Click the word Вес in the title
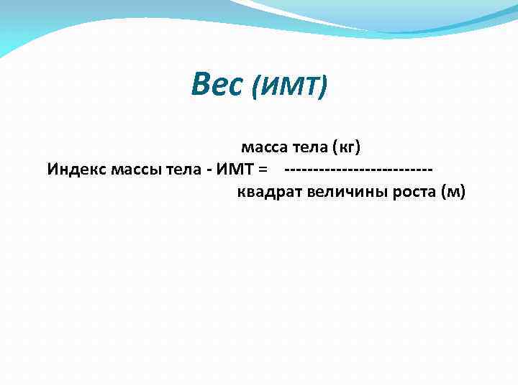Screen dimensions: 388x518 point(217,86)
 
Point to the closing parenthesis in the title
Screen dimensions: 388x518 point(324,88)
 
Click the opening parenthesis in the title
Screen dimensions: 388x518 point(258,88)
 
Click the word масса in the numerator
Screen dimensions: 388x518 point(263,148)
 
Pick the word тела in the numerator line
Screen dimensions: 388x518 point(309,148)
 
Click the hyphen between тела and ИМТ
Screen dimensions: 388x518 point(208,170)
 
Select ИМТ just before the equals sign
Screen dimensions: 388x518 point(235,170)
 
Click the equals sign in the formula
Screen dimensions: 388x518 point(263,170)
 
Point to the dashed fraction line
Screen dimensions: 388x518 point(359,170)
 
